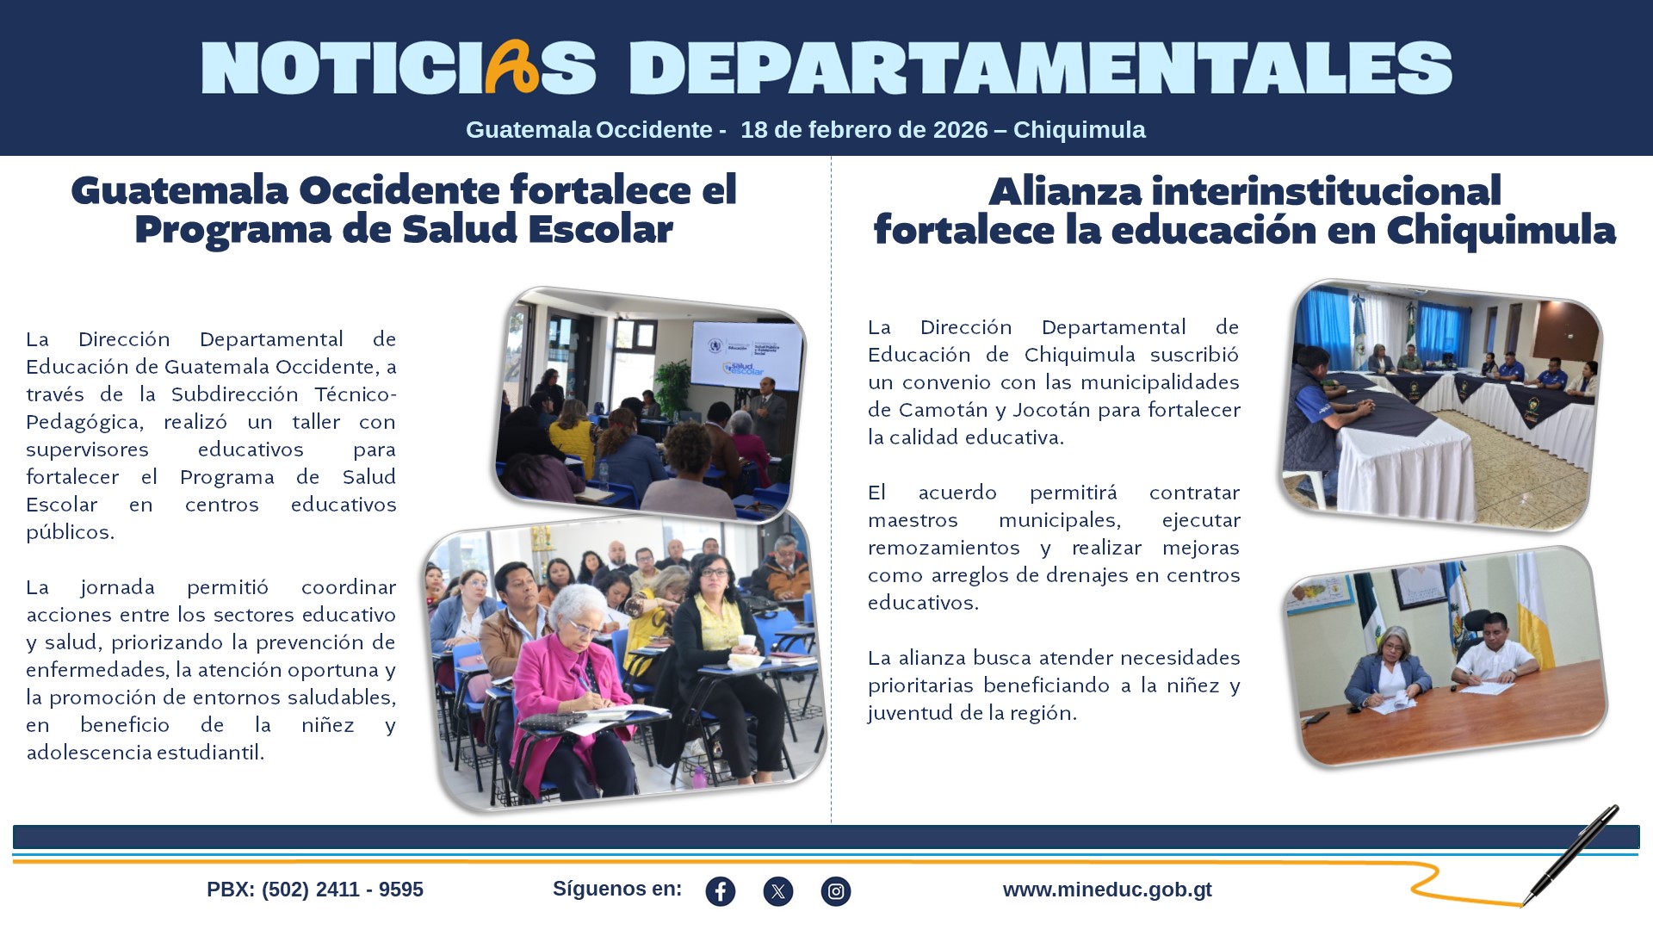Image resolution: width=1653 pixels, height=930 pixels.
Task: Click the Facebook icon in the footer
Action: [x=721, y=891]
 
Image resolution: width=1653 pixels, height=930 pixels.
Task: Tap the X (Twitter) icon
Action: [x=778, y=891]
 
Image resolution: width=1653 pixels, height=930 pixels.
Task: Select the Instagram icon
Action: [x=836, y=891]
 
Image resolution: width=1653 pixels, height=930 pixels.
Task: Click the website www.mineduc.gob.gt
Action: [x=1107, y=890]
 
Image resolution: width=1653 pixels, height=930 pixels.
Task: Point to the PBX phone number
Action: [x=315, y=890]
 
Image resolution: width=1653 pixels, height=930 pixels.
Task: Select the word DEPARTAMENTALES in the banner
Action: [x=1040, y=68]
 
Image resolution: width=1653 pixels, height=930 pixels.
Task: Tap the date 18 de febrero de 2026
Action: [x=864, y=130]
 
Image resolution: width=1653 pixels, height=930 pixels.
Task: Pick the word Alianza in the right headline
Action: [x=1066, y=191]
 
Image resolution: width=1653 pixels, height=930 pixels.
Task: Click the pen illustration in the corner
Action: [x=1572, y=853]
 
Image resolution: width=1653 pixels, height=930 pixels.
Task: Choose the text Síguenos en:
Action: [x=617, y=889]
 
